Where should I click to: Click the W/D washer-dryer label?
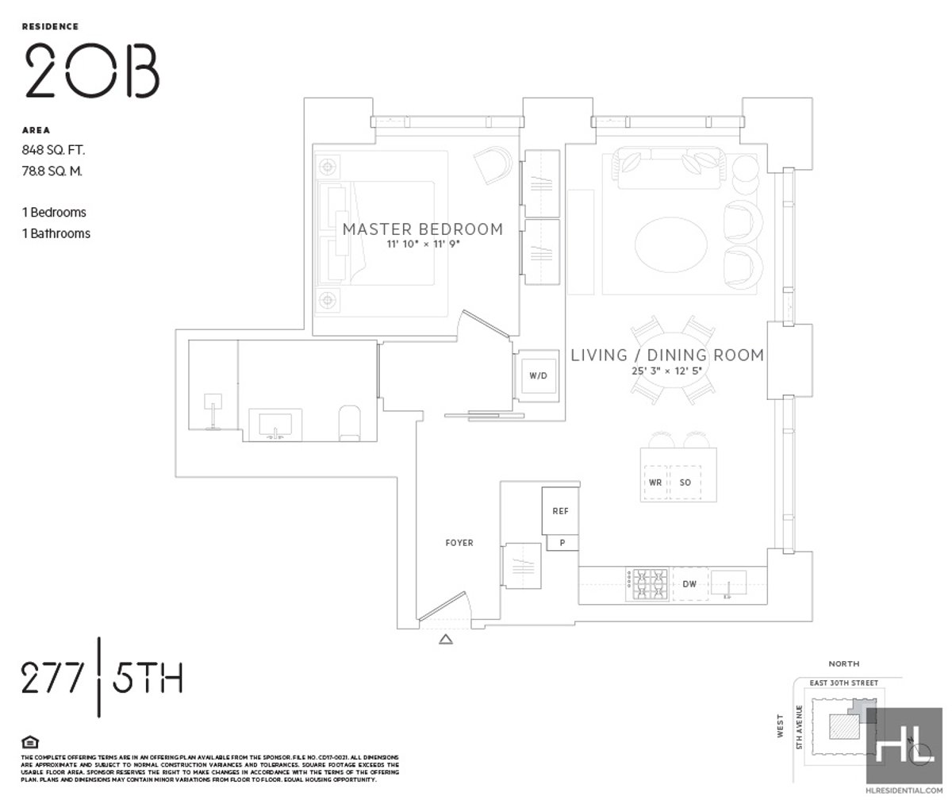click(x=539, y=375)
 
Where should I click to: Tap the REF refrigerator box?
click(x=560, y=511)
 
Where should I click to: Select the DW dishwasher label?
click(x=689, y=584)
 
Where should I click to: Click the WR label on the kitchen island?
click(x=655, y=482)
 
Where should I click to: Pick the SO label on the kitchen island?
click(x=685, y=482)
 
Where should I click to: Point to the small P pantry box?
click(x=562, y=543)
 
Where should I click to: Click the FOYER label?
click(x=459, y=543)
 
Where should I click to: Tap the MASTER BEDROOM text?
click(x=422, y=229)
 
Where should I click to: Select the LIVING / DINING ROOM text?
click(x=667, y=355)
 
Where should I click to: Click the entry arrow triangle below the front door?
click(x=446, y=639)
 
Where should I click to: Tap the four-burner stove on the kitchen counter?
click(x=648, y=584)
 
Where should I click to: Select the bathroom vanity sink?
click(x=275, y=424)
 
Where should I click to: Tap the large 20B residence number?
click(x=92, y=69)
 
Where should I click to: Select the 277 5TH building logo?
click(x=102, y=679)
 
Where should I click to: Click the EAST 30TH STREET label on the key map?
click(x=844, y=683)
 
